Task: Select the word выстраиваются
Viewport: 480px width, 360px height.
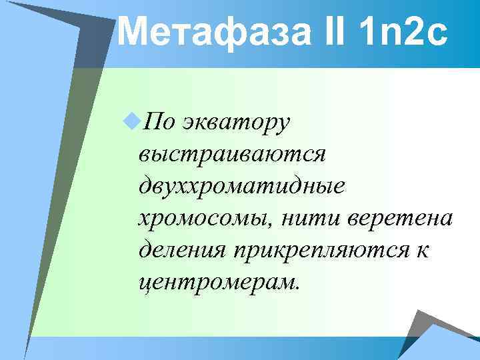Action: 231,155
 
